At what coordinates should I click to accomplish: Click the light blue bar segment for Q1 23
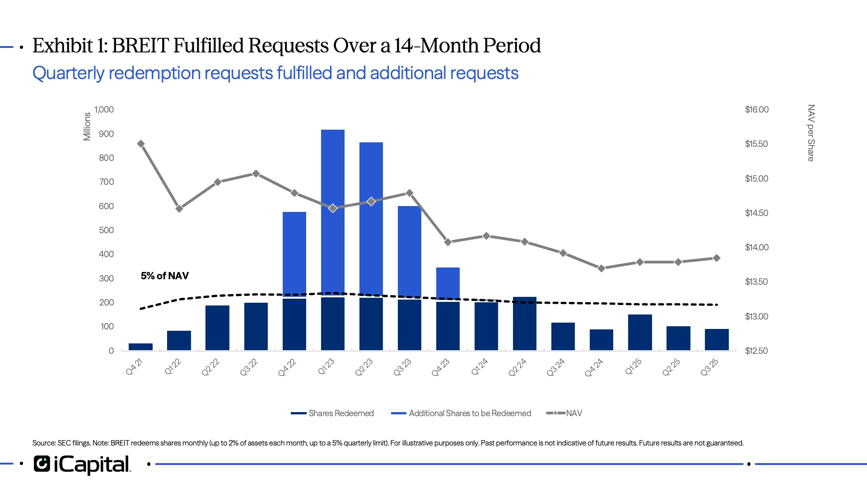click(x=333, y=181)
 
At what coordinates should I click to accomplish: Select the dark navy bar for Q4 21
click(x=140, y=347)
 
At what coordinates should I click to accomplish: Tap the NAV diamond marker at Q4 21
click(x=141, y=144)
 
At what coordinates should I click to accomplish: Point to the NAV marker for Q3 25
click(x=716, y=258)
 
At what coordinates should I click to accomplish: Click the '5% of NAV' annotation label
click(x=165, y=276)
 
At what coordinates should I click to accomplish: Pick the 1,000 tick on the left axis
click(x=104, y=109)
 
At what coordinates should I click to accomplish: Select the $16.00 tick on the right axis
click(x=756, y=109)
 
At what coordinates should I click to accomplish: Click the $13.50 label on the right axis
click(x=756, y=282)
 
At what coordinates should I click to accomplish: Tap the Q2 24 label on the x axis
click(x=517, y=367)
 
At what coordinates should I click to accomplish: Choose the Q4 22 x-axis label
click(x=287, y=367)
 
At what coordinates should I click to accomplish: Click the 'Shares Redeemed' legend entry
click(x=341, y=413)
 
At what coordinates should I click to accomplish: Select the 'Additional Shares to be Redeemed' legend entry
click(x=470, y=413)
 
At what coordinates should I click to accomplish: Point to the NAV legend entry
click(x=573, y=413)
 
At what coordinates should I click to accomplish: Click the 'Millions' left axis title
click(x=87, y=127)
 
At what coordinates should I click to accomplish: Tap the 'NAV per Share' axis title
click(x=811, y=133)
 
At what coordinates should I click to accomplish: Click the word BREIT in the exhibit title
click(x=140, y=46)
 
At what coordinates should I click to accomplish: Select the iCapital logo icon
click(x=42, y=464)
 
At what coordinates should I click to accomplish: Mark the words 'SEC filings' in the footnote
click(x=74, y=443)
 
